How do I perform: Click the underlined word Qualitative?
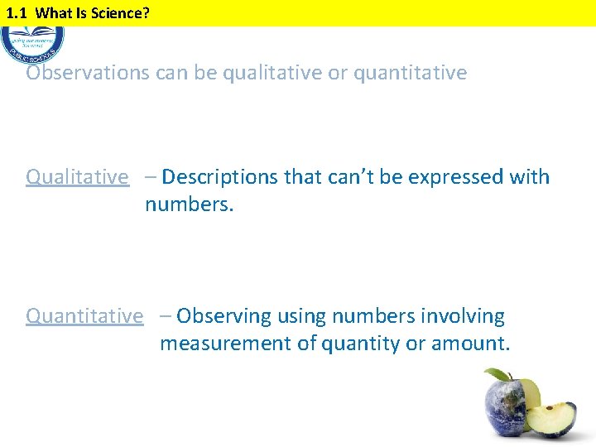tap(77, 177)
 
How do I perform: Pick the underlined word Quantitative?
tap(84, 316)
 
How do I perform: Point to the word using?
tap(300, 316)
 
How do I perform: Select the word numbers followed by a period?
tap(190, 204)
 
